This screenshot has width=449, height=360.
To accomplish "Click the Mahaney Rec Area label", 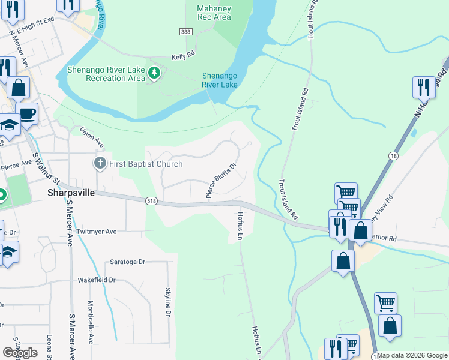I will pyautogui.click(x=214, y=13).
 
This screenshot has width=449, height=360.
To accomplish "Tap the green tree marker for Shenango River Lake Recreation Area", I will pyautogui.click(x=155, y=73).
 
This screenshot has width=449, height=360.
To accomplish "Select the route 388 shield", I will pyautogui.click(x=185, y=31).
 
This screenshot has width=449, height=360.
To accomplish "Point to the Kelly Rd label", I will pyautogui.click(x=183, y=54).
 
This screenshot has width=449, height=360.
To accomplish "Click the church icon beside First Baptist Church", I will pyautogui.click(x=100, y=163).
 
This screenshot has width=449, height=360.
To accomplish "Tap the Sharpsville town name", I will pyautogui.click(x=70, y=193).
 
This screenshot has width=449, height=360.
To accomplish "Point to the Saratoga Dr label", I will pyautogui.click(x=128, y=262).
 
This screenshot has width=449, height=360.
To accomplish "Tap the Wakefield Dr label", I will pyautogui.click(x=95, y=280).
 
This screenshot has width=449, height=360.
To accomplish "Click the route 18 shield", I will pyautogui.click(x=392, y=155).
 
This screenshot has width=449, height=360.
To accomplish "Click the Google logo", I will pyautogui.click(x=20, y=353).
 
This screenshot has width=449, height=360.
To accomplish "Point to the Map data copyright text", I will pyautogui.click(x=411, y=355).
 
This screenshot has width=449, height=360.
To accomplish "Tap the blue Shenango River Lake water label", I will pyautogui.click(x=220, y=80).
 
